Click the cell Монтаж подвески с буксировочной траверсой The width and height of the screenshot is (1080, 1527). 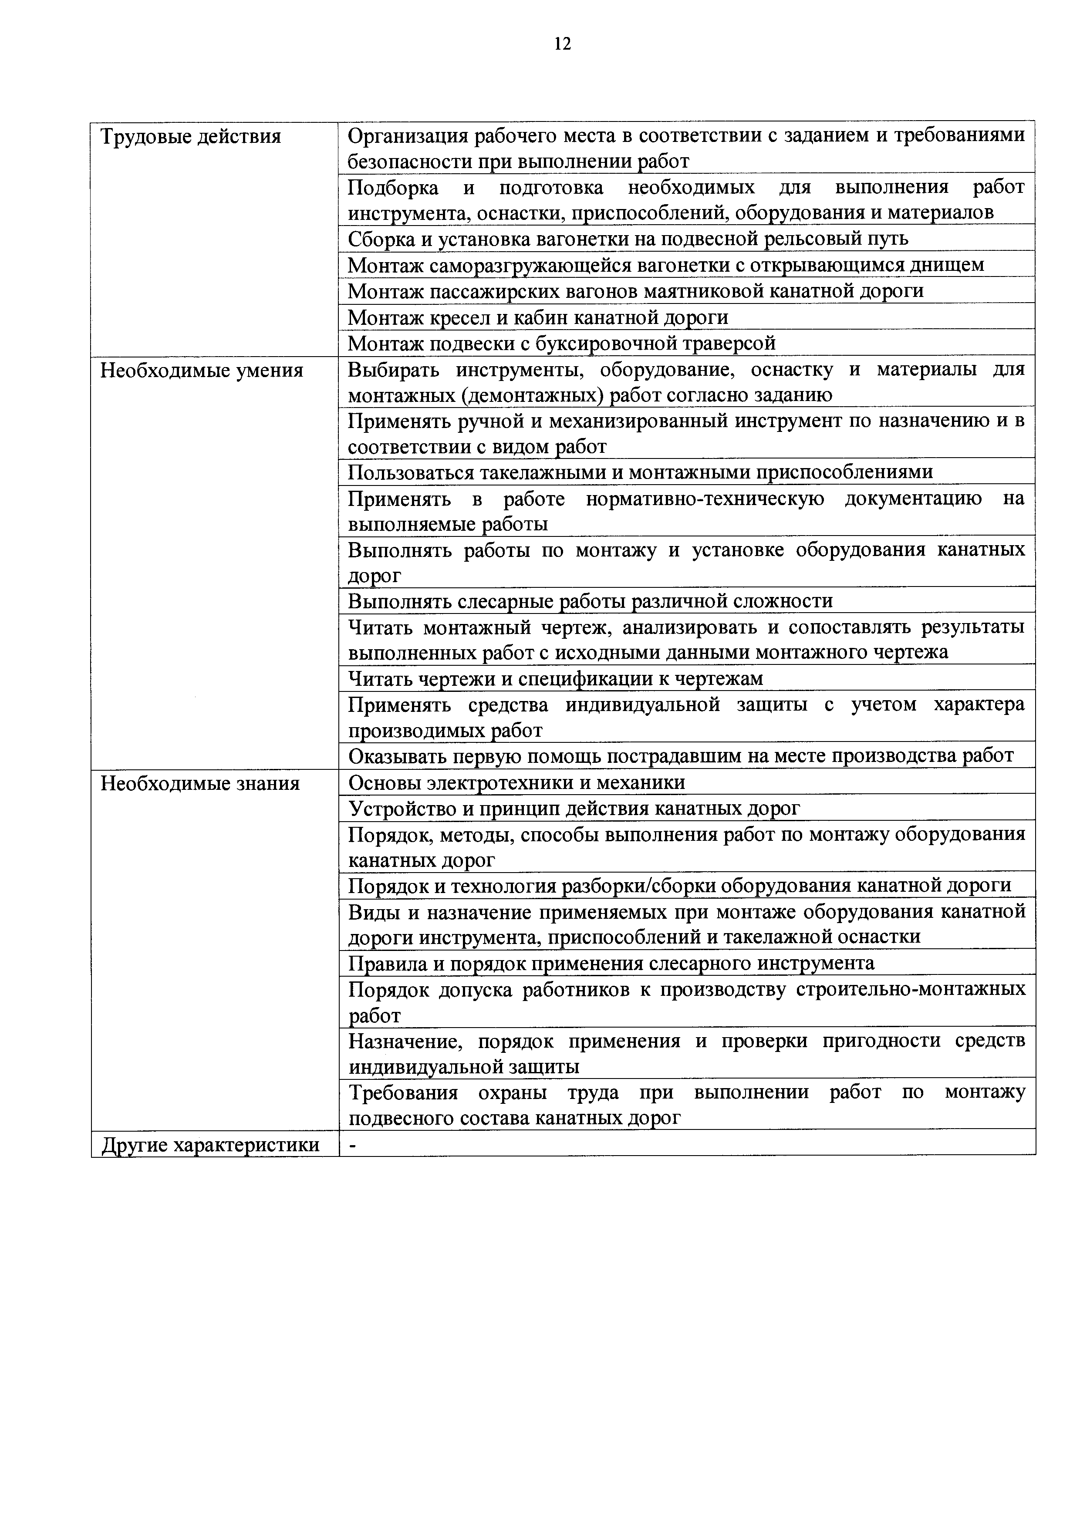562,344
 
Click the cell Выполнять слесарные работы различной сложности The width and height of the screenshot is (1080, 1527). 590,601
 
